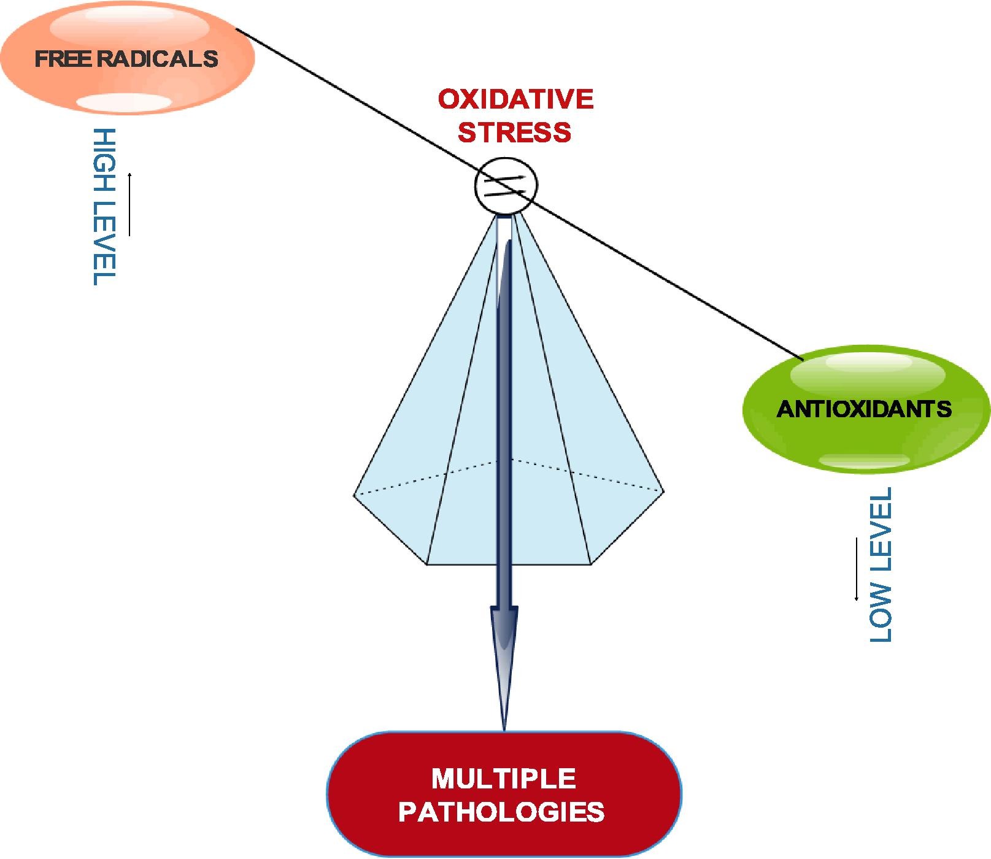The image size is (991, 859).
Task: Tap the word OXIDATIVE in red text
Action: [515, 99]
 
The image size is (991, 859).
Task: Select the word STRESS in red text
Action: [514, 133]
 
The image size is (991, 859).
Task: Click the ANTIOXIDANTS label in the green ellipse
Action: [864, 409]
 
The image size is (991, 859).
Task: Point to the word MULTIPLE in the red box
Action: [503, 779]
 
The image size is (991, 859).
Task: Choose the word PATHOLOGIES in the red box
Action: [501, 812]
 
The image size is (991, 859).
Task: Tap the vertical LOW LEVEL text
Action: [881, 564]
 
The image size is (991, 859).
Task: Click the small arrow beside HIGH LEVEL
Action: [129, 204]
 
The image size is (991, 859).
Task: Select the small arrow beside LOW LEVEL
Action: [855, 569]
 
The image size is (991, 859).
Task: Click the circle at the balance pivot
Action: [506, 185]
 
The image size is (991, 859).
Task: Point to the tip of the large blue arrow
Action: [504, 728]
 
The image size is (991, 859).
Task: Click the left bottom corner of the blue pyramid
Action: [426, 564]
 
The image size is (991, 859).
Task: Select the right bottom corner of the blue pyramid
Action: [591, 564]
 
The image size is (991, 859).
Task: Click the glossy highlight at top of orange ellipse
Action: [129, 25]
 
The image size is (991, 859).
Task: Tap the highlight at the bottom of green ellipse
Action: [864, 461]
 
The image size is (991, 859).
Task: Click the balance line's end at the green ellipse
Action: [803, 358]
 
